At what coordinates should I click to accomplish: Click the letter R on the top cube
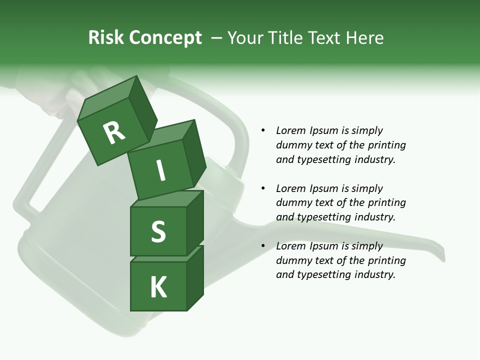[114, 132]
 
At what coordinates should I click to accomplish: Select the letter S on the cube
[158, 231]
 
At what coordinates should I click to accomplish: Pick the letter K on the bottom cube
[158, 287]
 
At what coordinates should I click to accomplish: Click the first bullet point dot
[263, 130]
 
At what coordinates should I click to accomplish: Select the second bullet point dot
[263, 188]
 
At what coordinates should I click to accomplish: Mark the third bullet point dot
[263, 246]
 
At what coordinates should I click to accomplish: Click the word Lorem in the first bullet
[290, 130]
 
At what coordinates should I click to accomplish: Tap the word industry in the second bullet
[375, 217]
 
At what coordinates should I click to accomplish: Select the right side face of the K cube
[195, 277]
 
